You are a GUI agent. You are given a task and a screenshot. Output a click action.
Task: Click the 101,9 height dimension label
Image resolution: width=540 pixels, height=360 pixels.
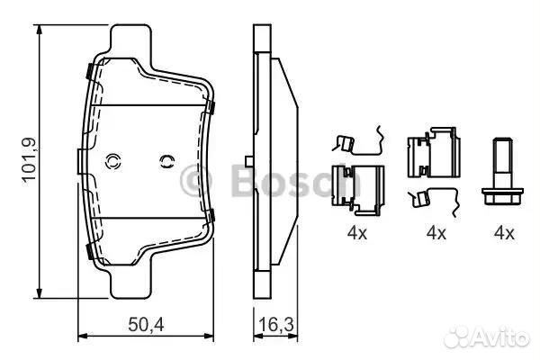tap(30, 160)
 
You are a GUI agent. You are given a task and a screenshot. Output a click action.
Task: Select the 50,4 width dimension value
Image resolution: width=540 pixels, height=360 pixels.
tap(146, 325)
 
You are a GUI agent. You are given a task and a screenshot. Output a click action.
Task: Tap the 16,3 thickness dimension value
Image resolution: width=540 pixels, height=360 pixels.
tap(276, 325)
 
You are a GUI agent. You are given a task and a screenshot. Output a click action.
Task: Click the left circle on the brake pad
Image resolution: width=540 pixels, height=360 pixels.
tap(112, 161)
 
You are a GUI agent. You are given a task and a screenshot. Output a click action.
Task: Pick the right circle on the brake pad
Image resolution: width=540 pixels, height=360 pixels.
tap(167, 161)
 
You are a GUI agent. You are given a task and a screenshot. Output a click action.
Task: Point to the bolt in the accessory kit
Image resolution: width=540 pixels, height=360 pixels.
tap(503, 171)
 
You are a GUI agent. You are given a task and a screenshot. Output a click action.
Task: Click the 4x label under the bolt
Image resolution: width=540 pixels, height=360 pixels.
tap(504, 233)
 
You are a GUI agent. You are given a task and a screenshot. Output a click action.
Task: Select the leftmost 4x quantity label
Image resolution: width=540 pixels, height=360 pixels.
tap(357, 233)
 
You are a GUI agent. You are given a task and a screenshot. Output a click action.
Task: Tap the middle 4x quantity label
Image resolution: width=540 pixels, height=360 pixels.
tap(436, 233)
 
